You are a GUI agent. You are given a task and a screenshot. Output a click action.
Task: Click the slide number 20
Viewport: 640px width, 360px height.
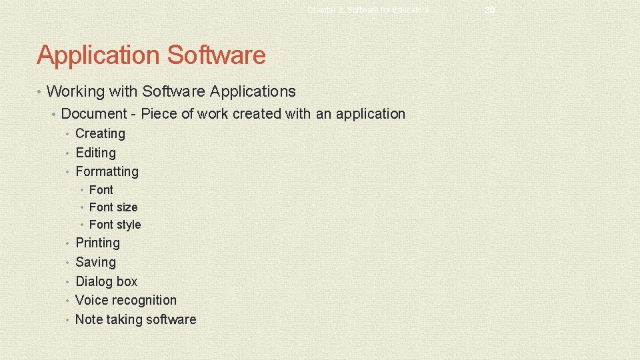(490, 10)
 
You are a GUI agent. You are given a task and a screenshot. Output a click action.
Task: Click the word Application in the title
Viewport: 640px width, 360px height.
(99, 55)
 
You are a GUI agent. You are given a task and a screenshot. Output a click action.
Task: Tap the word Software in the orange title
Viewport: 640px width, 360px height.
(217, 55)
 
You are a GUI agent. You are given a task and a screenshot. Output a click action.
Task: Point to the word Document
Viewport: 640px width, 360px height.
(93, 114)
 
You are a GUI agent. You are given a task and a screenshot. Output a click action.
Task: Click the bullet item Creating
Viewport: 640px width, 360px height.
(100, 133)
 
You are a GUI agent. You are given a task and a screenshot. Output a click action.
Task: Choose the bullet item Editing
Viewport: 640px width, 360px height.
(95, 153)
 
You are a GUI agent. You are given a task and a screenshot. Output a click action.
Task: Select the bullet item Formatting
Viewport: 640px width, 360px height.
(107, 171)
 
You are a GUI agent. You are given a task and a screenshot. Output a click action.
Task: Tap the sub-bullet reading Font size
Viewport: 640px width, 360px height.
(113, 207)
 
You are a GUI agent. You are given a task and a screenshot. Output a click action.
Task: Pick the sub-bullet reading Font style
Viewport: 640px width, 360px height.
(115, 225)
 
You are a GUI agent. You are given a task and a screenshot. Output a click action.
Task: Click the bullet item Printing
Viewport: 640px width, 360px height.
(97, 243)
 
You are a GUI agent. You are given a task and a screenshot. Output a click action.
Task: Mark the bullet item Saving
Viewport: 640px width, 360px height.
(95, 262)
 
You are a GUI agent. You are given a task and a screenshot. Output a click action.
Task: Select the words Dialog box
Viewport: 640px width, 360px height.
(106, 281)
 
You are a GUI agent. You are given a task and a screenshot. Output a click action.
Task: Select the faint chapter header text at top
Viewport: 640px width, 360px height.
(369, 10)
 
